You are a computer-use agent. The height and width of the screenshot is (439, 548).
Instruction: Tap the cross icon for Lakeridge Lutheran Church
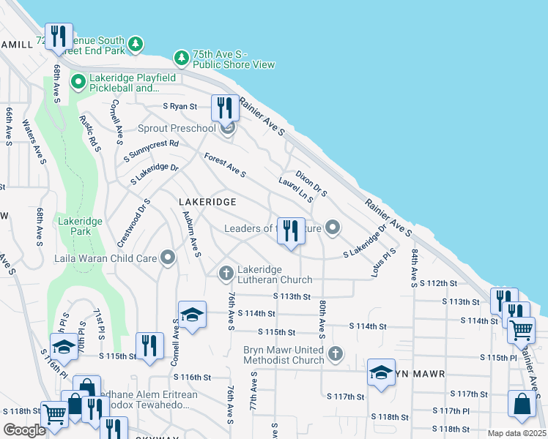[x=227, y=273]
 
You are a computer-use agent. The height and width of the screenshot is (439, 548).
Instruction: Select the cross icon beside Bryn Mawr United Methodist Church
[x=336, y=354]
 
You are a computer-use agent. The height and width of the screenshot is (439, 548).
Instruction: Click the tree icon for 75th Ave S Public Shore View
[x=181, y=57]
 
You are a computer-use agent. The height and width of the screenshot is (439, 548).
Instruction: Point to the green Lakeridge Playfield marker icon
[x=78, y=82]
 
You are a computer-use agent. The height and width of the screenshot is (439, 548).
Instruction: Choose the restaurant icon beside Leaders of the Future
[x=290, y=231]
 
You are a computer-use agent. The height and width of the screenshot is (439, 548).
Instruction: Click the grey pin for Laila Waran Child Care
[x=169, y=258]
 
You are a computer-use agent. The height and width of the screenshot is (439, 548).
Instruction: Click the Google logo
[x=24, y=430]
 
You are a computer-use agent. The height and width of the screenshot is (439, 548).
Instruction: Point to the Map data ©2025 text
[x=516, y=433]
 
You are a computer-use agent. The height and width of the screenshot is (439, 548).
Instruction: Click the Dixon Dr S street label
[x=311, y=184]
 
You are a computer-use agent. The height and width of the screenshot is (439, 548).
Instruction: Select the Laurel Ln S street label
[x=296, y=189]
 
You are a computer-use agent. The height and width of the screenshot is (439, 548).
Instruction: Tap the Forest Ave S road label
[x=224, y=165]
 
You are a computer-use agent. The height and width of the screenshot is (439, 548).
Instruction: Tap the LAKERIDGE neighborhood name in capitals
[x=207, y=201]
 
